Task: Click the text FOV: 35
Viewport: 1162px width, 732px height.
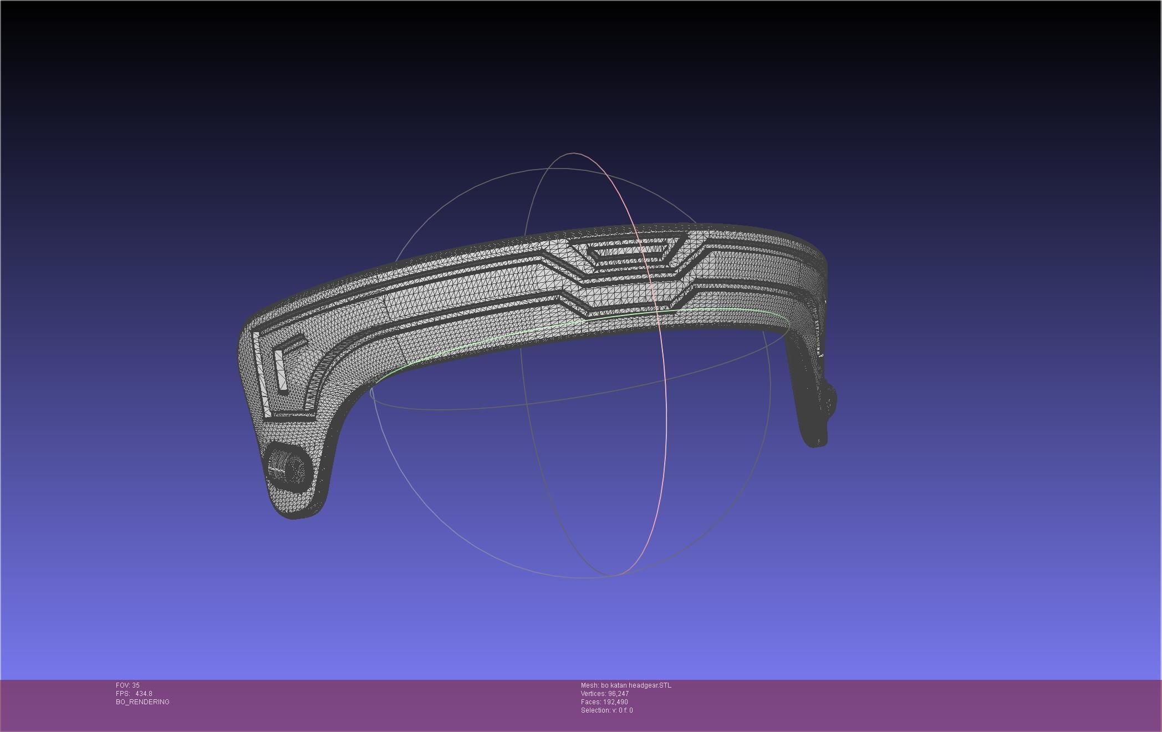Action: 128,685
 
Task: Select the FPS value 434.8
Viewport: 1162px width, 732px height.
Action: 144,694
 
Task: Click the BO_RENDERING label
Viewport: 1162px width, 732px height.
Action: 142,702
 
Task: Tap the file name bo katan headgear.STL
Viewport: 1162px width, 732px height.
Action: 636,685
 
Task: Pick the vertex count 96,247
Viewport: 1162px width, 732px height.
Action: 618,694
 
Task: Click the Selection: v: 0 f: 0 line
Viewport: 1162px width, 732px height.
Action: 607,710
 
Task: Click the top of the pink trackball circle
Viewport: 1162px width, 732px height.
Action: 573,153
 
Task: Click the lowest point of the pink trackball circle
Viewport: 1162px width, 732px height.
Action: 615,575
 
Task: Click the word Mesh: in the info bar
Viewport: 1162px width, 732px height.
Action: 590,685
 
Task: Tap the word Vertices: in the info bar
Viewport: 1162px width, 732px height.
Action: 593,694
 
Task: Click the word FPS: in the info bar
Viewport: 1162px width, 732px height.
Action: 123,694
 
